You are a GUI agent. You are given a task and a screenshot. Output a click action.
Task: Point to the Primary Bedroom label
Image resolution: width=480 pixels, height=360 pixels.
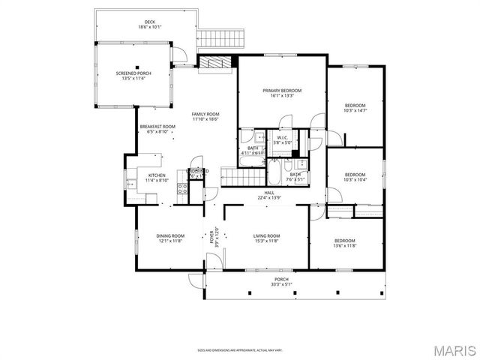click(281, 92)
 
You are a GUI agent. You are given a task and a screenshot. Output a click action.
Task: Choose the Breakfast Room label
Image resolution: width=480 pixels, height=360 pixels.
click(157, 129)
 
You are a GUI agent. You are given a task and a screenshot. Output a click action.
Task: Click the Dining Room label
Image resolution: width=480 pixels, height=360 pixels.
click(169, 238)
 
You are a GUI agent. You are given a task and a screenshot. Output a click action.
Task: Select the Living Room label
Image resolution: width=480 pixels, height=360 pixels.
click(266, 238)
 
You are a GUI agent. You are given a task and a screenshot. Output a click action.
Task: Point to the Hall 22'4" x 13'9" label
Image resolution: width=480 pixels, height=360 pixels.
click(269, 195)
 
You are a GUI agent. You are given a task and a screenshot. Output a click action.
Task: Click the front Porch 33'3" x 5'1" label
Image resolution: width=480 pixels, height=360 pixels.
click(281, 281)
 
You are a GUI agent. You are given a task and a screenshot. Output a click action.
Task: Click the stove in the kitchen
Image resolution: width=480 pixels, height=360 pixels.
click(181, 187)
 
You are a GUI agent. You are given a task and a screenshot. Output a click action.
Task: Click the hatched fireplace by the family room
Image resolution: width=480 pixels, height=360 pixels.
click(215, 64)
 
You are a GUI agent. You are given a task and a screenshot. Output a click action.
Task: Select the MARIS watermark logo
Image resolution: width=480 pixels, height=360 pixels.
click(453, 350)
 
